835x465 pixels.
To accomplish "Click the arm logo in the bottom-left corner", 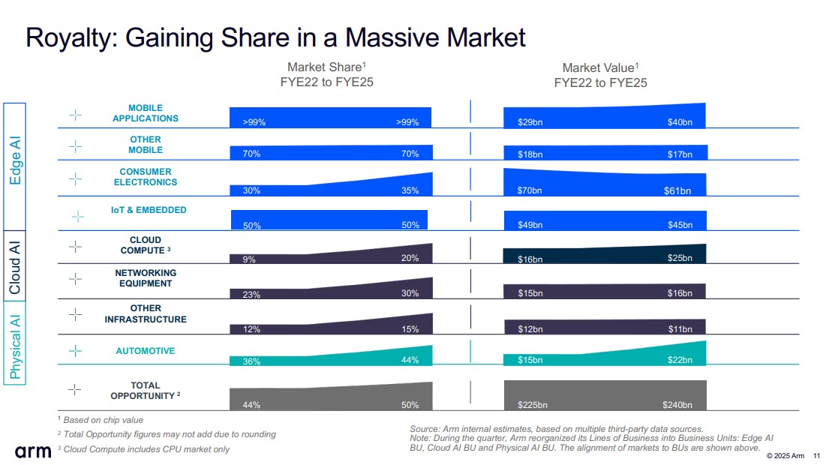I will coord(33,451).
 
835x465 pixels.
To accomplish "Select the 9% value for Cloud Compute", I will coord(249,259).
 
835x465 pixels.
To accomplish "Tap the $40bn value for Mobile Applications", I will coord(680,122).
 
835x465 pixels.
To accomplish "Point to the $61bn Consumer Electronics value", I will coord(677,190).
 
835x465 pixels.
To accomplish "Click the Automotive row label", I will coord(146,351).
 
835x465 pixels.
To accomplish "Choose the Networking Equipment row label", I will coord(146,278).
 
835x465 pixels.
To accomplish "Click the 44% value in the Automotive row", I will coord(410,361).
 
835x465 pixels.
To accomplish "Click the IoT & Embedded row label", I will coord(149,210).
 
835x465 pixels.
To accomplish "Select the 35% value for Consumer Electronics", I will coord(410,190).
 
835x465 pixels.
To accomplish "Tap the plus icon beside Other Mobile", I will coord(76,146).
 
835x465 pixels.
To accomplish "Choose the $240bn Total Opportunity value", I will coord(677,406).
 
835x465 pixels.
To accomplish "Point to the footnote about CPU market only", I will coord(144,449).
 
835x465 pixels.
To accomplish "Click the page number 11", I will coord(817,455).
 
